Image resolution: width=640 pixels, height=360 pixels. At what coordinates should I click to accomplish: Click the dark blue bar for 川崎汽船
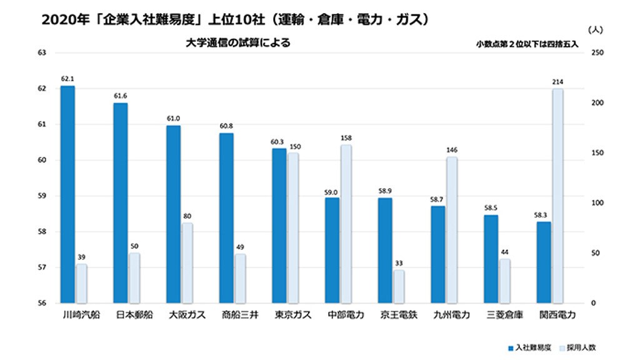point(67,194)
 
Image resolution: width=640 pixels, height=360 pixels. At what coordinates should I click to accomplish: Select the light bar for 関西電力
point(557,196)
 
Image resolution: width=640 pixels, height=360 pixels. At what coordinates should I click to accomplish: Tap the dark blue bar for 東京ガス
point(279,226)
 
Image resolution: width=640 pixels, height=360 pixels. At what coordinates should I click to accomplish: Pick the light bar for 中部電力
point(346,224)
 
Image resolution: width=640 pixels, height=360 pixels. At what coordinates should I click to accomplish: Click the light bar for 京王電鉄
point(399,286)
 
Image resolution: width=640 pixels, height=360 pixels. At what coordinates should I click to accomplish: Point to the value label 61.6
point(121,96)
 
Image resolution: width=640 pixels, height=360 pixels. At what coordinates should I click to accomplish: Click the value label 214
point(557,82)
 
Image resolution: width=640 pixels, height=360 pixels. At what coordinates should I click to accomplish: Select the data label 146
point(452,150)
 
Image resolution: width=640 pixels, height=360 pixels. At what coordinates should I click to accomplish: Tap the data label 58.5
point(491,207)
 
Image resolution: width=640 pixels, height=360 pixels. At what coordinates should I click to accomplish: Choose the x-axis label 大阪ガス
point(182,314)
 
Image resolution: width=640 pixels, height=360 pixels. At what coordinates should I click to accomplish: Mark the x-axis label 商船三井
point(236,314)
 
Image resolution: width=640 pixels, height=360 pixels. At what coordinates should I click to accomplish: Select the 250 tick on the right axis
point(597,52)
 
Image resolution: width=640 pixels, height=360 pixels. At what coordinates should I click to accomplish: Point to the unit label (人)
point(596,29)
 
